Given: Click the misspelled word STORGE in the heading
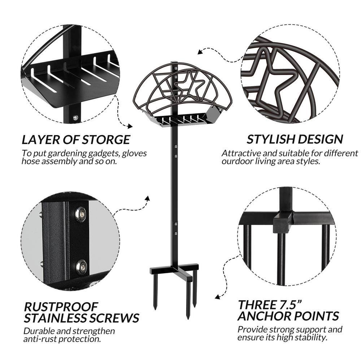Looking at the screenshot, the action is [106, 139].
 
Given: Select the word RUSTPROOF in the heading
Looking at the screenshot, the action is [61, 306].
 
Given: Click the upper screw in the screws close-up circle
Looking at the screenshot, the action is [81, 214].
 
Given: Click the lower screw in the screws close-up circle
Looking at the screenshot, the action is [82, 267].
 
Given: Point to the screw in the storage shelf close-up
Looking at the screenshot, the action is [75, 118].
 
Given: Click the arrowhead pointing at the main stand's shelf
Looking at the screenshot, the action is [130, 126].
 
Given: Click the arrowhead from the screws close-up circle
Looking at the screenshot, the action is [148, 199].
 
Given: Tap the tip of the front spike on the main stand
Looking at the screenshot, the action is [188, 318].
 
